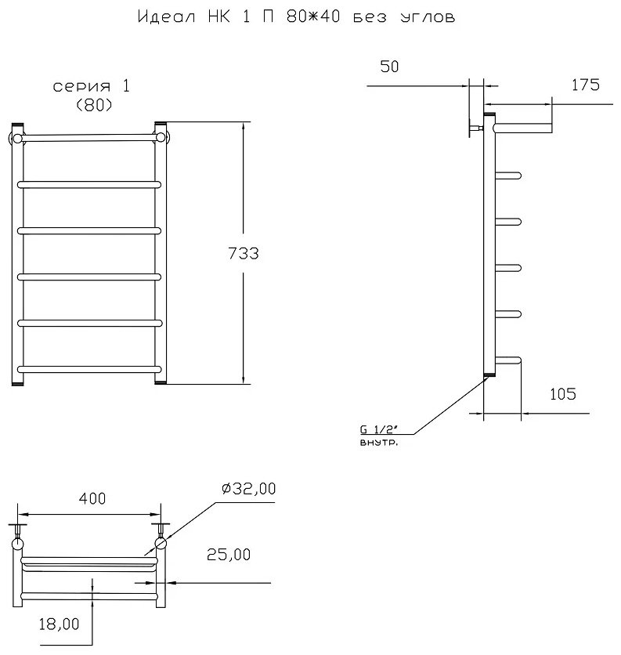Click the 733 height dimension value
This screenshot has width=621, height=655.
coord(244,254)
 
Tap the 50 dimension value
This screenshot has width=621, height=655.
coord(389,67)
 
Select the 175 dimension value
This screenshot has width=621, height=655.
coord(585,85)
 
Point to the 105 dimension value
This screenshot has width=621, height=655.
coord(562,394)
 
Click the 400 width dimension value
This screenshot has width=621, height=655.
coord(92,498)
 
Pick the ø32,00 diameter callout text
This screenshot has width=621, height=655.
coord(248,488)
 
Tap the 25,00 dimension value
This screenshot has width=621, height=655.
coord(229,555)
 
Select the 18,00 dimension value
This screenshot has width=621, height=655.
coord(59,624)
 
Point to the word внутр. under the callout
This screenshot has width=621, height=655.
coord(379,443)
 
